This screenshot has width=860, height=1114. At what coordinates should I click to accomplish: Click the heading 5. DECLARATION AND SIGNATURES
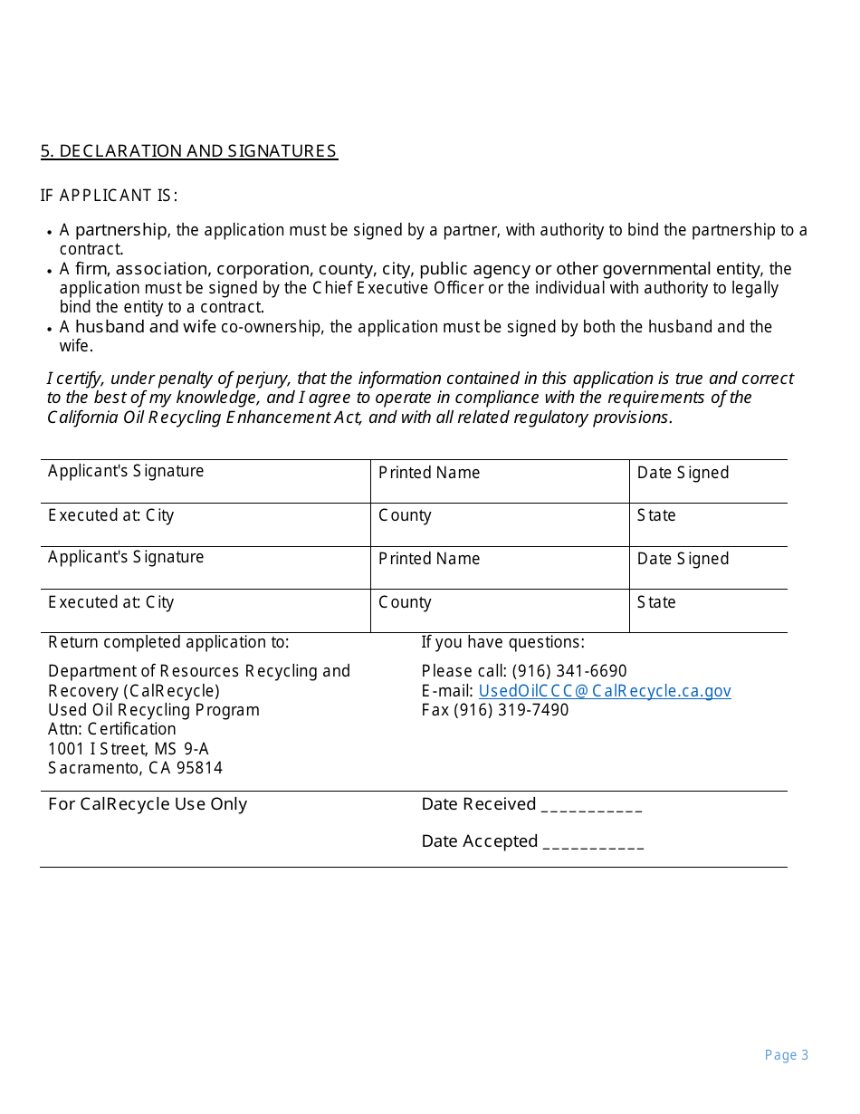coord(188,151)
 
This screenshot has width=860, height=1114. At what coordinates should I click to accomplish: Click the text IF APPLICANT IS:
coord(109,196)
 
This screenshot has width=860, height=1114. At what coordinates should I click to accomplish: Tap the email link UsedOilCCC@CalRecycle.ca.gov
coord(604,691)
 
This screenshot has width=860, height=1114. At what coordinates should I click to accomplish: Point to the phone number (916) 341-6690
coord(569,671)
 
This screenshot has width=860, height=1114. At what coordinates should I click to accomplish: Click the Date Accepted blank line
coord(593,843)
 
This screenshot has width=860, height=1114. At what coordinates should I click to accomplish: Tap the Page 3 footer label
coord(786,1055)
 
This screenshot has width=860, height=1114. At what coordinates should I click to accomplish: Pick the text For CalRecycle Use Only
coord(147,804)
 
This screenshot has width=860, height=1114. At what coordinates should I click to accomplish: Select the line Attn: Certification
coord(111,729)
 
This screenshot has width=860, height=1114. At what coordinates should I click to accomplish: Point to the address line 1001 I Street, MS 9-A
coord(128,749)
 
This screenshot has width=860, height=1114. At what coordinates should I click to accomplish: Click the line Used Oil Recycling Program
coord(153,710)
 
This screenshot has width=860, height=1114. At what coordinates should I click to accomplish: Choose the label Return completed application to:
coord(168,642)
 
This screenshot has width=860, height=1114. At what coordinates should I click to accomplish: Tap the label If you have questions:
coord(502,642)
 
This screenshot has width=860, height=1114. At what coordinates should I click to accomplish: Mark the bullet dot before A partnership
coord(49,233)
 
